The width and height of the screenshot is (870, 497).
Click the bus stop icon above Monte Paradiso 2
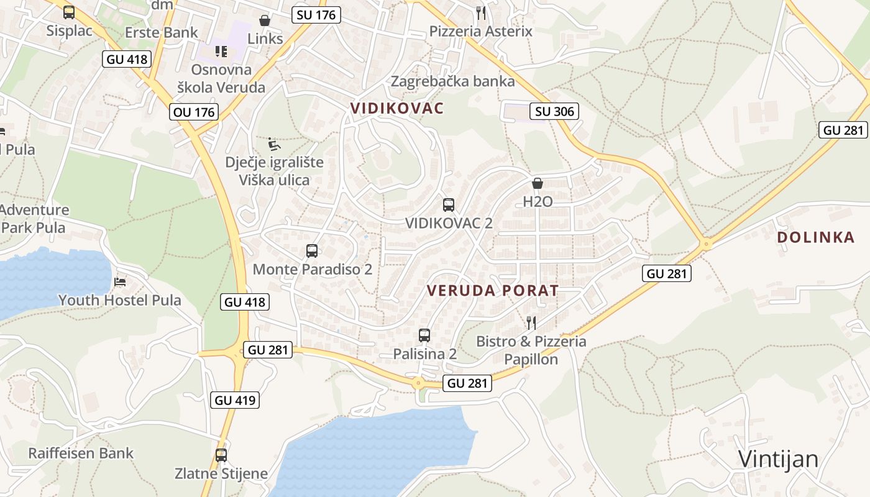(x=312, y=251)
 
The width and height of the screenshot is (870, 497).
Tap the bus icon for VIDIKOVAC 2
(x=449, y=204)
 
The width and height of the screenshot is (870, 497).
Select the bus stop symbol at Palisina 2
(x=424, y=335)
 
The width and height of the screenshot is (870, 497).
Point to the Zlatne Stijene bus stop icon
(x=221, y=455)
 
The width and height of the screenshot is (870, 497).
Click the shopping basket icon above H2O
(x=538, y=183)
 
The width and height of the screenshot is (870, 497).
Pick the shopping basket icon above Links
(x=265, y=21)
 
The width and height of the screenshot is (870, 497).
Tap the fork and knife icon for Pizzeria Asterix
(x=480, y=12)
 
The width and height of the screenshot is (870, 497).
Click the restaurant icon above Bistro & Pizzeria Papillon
(x=531, y=322)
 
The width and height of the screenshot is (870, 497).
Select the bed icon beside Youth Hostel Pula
(x=121, y=282)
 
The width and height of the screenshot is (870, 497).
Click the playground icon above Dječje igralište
(x=274, y=144)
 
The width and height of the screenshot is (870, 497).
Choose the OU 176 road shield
(x=193, y=112)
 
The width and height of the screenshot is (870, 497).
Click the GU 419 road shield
(x=235, y=400)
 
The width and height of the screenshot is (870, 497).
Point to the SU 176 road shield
(x=316, y=15)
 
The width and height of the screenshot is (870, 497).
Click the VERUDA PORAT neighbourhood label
(x=493, y=290)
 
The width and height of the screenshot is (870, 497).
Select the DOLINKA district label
(x=816, y=237)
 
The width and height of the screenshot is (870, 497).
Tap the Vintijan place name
(x=778, y=459)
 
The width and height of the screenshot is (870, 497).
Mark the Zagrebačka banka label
(x=452, y=81)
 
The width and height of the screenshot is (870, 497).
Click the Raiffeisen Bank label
(x=81, y=453)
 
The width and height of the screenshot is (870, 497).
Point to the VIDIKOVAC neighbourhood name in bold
(x=397, y=108)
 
